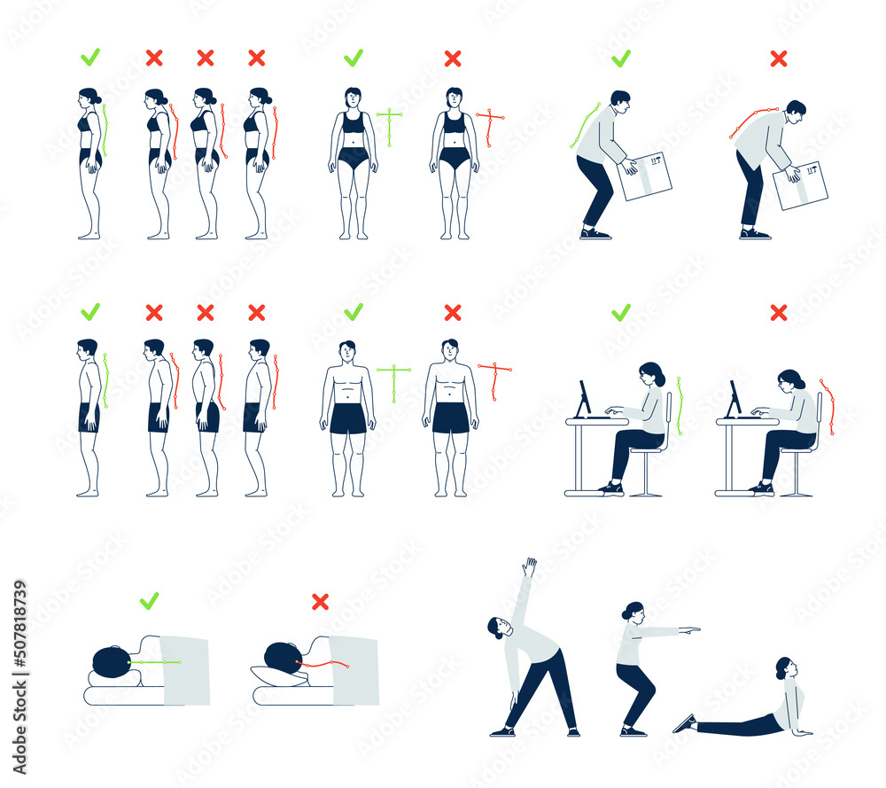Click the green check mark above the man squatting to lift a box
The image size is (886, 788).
pos(621,59)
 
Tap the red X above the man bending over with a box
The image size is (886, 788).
pos(779,59)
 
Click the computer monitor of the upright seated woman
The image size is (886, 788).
pos(584,399)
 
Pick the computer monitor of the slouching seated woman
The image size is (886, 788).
pos(734,399)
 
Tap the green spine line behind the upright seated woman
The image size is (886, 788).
pos(680,406)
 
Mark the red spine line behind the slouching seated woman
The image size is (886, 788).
pos(828,406)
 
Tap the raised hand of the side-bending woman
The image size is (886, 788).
pos(529,566)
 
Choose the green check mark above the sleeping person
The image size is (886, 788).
pos(149,601)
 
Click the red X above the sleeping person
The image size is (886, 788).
pos(320,602)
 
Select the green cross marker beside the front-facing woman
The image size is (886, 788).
pos(389,126)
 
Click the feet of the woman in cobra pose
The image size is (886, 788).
pos(684,723)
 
